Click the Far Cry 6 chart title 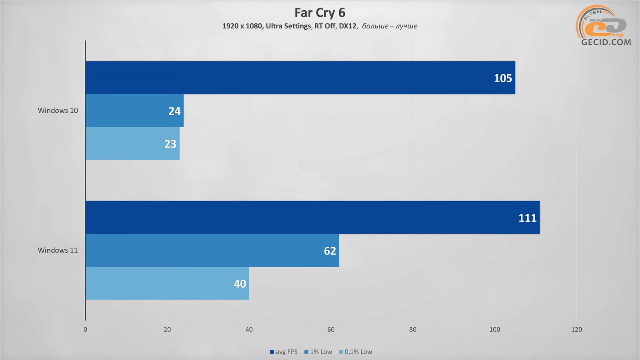pos(320,13)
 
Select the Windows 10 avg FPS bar pos(300,78)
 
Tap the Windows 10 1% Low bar pos(134,111)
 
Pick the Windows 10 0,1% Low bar pos(132,144)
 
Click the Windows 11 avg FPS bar pos(312,217)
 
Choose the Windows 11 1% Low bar pos(212,250)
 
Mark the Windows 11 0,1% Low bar pos(167,283)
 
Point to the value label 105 pos(503,78)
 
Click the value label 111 pos(527,218)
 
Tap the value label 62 pos(330,251)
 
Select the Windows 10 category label pos(58,110)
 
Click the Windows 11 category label pos(58,250)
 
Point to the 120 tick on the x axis pos(576,330)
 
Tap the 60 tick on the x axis pos(331,330)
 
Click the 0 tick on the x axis pos(85,330)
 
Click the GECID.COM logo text pos(606,42)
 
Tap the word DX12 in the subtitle pos(347,26)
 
